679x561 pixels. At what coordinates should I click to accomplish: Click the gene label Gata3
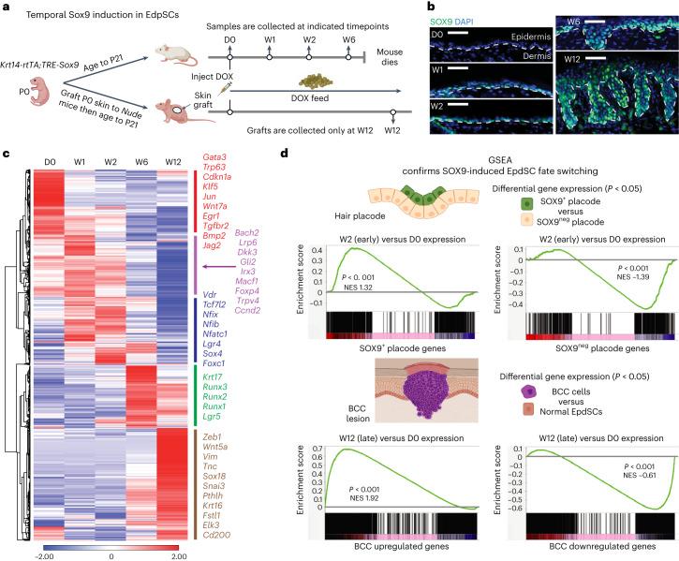pyautogui.click(x=217, y=170)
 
